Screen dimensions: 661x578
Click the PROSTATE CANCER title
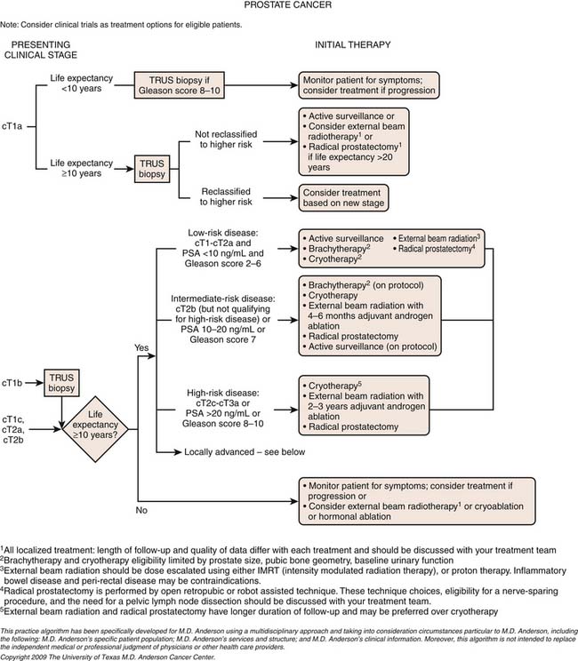point(289,7)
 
